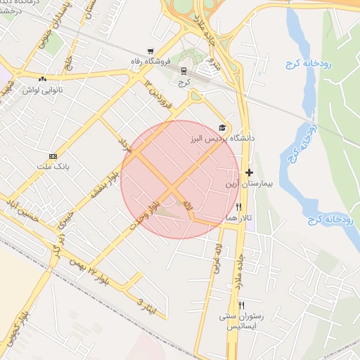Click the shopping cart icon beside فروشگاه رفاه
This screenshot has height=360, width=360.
tap(150, 51)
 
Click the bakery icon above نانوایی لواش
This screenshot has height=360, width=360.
tap(44, 79)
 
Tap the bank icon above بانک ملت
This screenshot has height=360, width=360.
tap(53, 156)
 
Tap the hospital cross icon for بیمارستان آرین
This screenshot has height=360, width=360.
tap(249, 172)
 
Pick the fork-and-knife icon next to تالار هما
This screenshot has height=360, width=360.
tap(239, 207)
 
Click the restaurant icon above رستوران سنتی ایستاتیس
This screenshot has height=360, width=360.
tap(241, 305)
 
